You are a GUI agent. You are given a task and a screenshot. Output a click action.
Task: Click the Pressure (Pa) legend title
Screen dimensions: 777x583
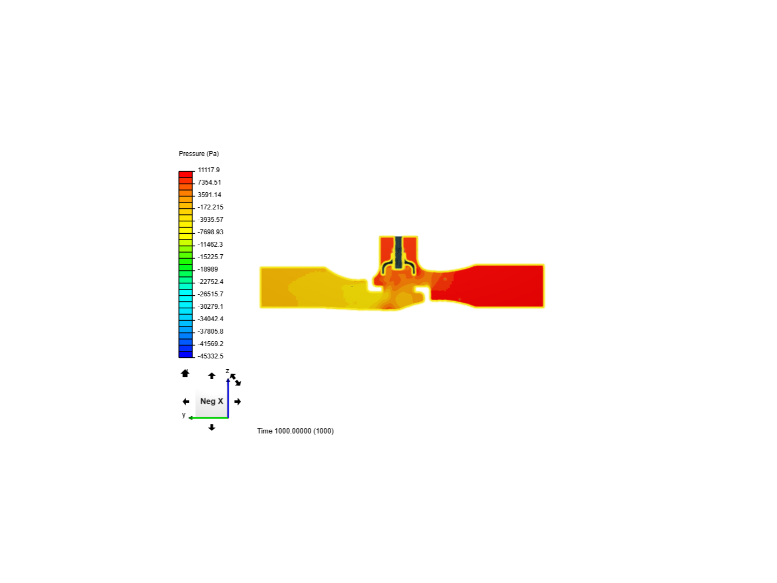pos(199,154)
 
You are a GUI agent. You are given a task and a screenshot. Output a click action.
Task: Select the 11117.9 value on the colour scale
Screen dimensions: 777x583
pos(208,170)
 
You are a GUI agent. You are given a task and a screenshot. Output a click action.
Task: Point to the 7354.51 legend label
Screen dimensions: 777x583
pos(209,182)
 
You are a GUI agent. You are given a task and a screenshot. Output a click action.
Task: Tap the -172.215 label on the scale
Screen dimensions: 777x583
pos(210,207)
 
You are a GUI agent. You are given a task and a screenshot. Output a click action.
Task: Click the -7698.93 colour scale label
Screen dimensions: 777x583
pos(210,232)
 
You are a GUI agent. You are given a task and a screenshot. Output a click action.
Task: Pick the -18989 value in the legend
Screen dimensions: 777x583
pos(208,269)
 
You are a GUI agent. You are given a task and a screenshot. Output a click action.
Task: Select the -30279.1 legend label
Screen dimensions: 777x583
pos(210,306)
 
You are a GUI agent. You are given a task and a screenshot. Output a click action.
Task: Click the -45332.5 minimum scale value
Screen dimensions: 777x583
pos(210,356)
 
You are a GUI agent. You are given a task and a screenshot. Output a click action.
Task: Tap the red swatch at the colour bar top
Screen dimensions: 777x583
pos(186,174)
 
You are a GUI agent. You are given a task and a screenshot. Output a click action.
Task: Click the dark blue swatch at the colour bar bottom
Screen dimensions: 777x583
pos(186,354)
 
